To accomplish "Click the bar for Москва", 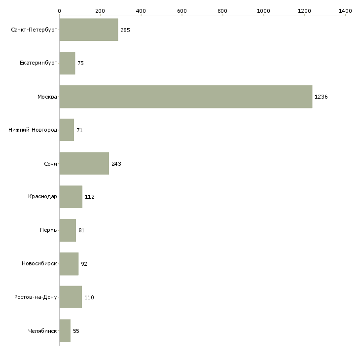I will click(x=185, y=97).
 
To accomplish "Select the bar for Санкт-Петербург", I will click(x=89, y=30).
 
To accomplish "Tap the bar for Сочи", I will click(x=84, y=163).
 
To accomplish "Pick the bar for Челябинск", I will click(x=65, y=330).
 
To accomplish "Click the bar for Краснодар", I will click(x=71, y=197).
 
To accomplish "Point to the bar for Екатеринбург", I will click(x=67, y=63).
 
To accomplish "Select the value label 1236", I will click(x=321, y=97).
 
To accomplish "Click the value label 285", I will click(x=125, y=30).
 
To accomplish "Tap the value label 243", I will click(x=116, y=164).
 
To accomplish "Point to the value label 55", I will click(x=76, y=331).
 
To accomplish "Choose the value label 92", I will click(x=84, y=264).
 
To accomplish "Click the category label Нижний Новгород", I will click(x=33, y=130).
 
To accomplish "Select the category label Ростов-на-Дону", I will click(x=36, y=297).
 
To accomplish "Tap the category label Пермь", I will click(x=48, y=230).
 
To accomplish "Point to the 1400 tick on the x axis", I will click(x=345, y=10).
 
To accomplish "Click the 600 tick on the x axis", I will click(x=182, y=10).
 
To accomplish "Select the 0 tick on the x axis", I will click(x=59, y=10).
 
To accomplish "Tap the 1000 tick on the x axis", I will click(x=263, y=10).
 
